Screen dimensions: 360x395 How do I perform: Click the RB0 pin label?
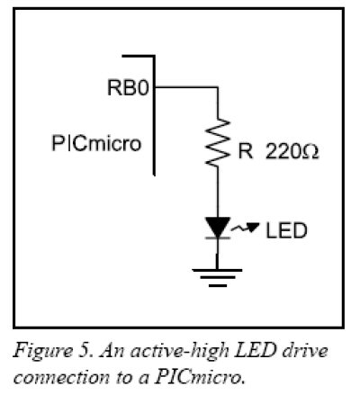128,87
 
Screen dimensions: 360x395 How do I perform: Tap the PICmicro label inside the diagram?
96,143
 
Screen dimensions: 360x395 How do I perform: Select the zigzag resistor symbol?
218,142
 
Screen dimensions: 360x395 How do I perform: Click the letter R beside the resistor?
245,151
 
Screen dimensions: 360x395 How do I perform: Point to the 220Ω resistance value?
292,151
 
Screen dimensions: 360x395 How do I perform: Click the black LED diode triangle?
218,227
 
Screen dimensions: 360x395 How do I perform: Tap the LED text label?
286,230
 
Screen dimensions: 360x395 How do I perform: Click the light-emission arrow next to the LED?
245,228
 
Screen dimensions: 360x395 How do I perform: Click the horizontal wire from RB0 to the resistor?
186,87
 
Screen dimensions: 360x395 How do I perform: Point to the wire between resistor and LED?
218,192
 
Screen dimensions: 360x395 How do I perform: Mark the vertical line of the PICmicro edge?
154,115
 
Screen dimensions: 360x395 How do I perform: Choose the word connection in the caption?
61,377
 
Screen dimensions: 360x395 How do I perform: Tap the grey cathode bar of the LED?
218,238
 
